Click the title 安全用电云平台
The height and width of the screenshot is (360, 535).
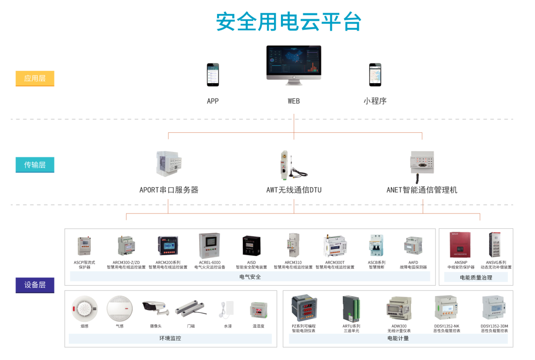[289, 22]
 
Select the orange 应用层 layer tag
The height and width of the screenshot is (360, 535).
[35, 78]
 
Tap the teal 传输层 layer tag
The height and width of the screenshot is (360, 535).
[35, 164]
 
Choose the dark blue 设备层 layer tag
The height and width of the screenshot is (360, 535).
[35, 285]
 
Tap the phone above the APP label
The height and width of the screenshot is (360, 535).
[213, 75]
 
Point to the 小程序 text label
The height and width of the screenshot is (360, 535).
[374, 101]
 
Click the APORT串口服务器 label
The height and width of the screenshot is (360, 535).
[169, 190]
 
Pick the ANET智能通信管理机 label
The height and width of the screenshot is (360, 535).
[422, 190]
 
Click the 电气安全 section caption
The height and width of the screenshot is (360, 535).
[250, 277]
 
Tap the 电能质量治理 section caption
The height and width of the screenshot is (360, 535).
[476, 277]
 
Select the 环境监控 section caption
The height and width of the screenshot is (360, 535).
[170, 338]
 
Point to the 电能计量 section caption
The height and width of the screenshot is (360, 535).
[398, 338]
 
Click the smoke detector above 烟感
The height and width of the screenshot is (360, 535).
[85, 309]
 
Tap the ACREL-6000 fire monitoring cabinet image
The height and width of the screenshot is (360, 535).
[210, 246]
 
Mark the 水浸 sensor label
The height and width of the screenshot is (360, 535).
[228, 326]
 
